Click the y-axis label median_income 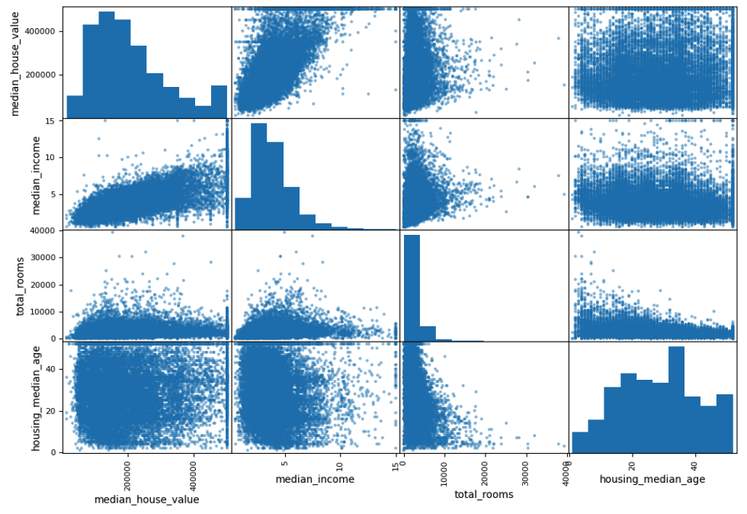pos(16,174)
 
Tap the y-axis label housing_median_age pos(36,397)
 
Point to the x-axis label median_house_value pos(146,500)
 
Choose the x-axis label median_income pos(315,480)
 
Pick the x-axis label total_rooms pos(484,494)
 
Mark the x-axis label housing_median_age pos(652,480)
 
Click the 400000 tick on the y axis pos(43,31)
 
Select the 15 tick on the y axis pos(51,120)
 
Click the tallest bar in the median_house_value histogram pos(107,65)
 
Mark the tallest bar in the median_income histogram pos(259,176)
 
